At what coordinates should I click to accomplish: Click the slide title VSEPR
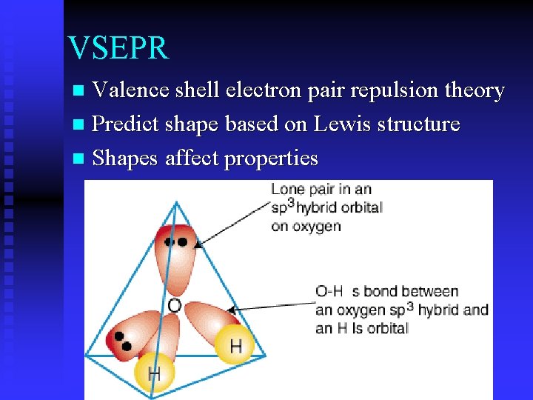[118, 48]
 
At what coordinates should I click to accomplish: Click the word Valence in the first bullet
[132, 90]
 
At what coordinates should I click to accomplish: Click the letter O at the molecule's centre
[175, 305]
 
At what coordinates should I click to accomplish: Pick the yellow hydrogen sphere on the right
[235, 345]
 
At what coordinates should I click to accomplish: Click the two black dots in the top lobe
[176, 241]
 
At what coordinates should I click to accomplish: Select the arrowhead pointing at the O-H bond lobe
[230, 310]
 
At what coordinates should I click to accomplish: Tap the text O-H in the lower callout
[329, 292]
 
